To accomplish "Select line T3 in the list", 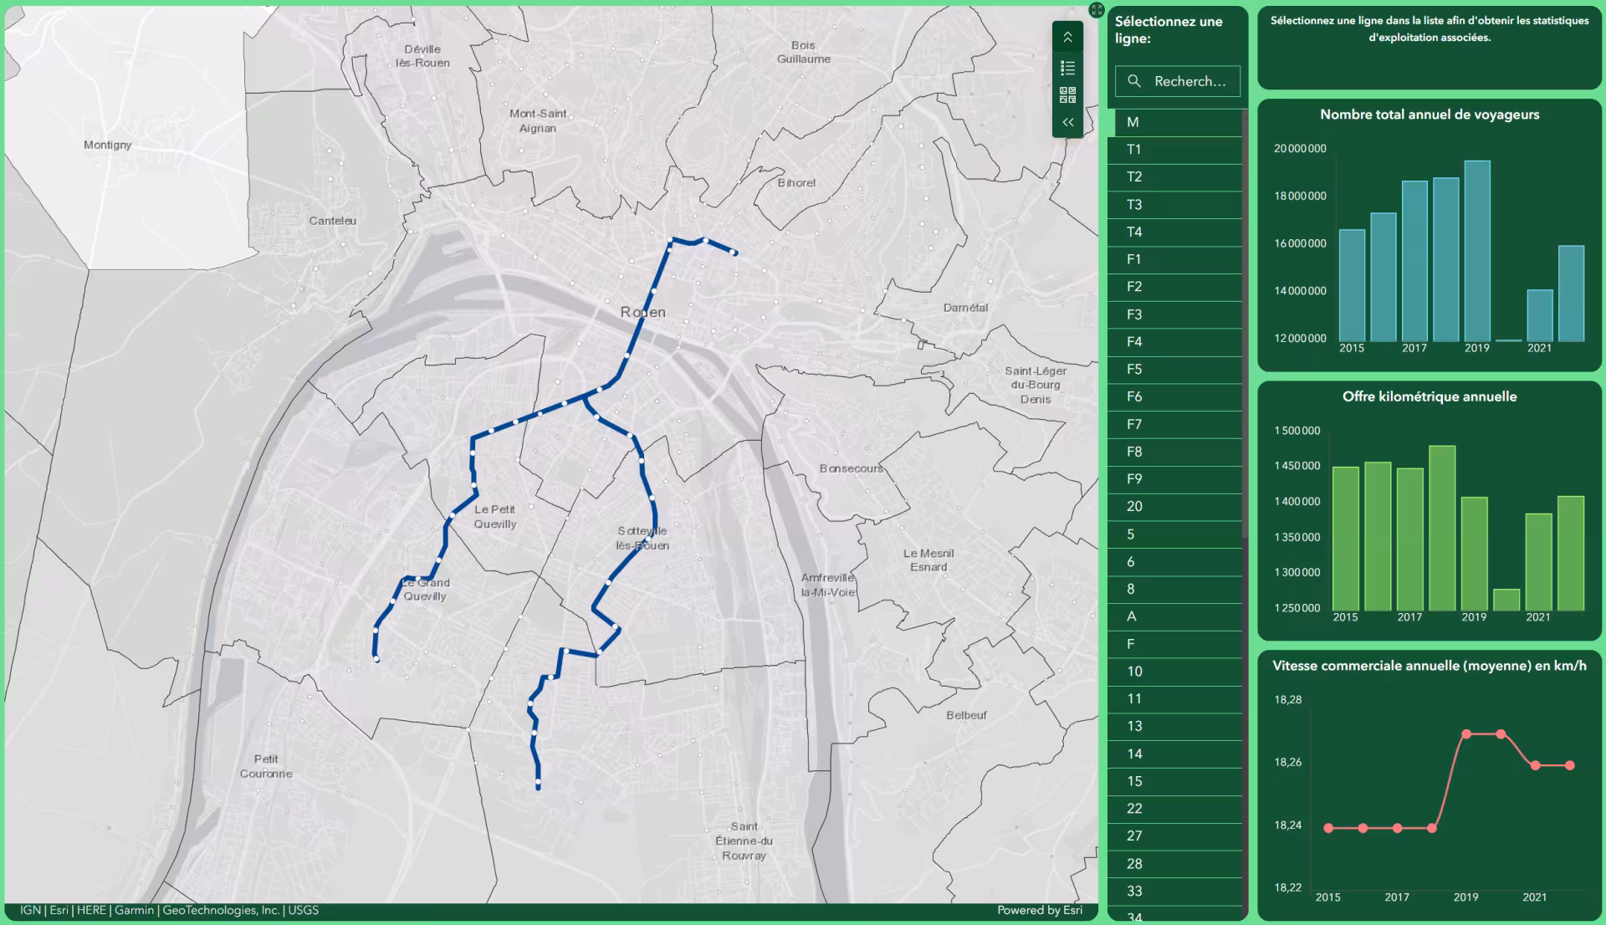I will (1134, 205).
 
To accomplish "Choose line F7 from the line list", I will (1134, 424).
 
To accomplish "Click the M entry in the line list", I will (1133, 122).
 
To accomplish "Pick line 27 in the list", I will (1134, 836).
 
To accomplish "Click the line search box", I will (1178, 81).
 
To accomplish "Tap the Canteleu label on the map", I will (332, 221).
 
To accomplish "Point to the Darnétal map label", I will (965, 308).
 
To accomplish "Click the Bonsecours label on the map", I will (851, 468).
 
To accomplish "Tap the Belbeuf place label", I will (966, 715).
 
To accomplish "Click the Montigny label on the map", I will (107, 145).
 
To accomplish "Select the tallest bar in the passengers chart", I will (1477, 251).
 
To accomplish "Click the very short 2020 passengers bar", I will (1508, 340).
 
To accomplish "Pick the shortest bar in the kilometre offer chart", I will (1506, 600).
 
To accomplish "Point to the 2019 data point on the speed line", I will (1466, 734).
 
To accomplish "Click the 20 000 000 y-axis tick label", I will (1300, 149).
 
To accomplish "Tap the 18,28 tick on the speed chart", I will (1288, 700).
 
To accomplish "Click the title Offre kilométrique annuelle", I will (1430, 396).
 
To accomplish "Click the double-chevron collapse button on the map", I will (1068, 122).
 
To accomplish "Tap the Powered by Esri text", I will (1040, 910).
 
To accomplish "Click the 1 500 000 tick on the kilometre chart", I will (1297, 431).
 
